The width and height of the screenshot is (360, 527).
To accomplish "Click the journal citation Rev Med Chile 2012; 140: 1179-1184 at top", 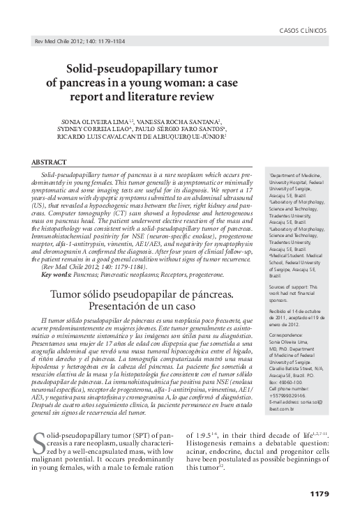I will [75, 43].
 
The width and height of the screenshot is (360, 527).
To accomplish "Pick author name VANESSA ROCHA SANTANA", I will [183, 121].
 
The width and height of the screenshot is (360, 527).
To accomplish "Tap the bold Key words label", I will [57, 275].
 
